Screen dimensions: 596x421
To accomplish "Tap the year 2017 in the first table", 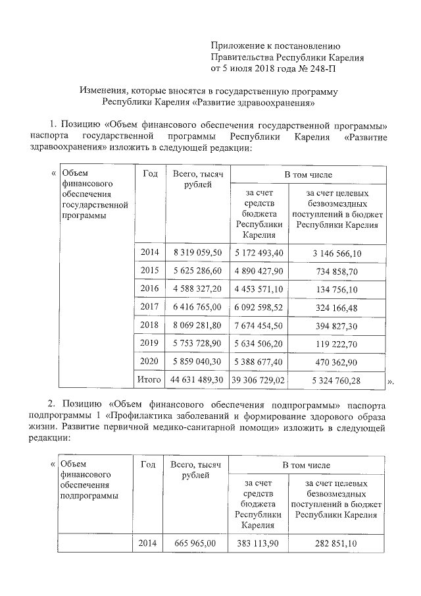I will click(x=149, y=307).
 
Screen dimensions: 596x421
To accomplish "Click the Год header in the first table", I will click(x=149, y=174).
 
